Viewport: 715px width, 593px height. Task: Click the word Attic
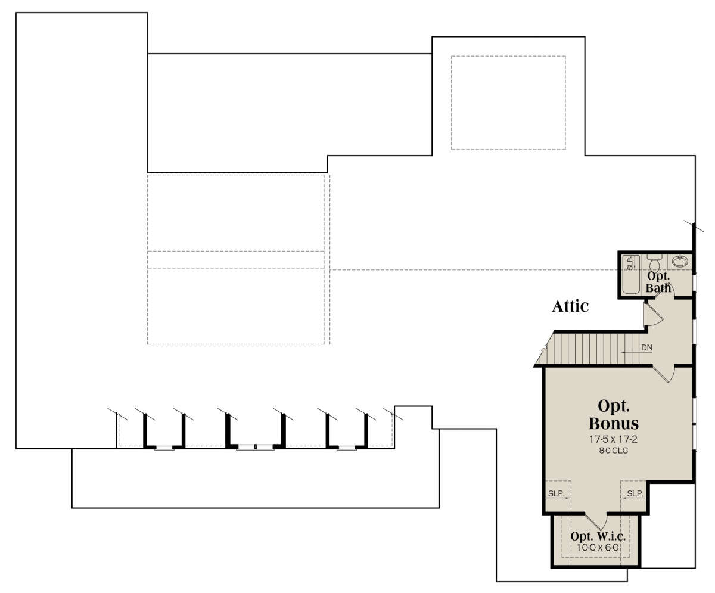point(570,306)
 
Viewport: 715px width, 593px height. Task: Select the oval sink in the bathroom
point(679,262)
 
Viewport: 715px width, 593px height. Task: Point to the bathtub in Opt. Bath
point(631,274)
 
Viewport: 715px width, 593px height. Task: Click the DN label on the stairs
point(646,347)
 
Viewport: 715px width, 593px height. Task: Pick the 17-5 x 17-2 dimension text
point(613,439)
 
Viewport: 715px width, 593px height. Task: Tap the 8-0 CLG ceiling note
point(613,451)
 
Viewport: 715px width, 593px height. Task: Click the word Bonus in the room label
point(614,423)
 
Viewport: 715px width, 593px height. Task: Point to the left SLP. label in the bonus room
point(556,493)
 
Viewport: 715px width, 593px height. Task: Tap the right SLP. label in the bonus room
point(635,493)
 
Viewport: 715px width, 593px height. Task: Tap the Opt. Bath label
point(658,282)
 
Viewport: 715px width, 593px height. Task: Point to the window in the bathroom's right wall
point(695,283)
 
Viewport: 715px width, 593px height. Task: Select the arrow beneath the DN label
point(632,352)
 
